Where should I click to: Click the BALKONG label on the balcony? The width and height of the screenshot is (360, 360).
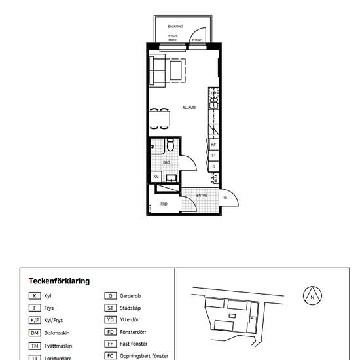point(175,27)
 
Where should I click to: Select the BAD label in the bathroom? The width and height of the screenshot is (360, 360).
point(166,162)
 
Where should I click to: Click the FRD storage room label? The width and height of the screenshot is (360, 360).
point(164,204)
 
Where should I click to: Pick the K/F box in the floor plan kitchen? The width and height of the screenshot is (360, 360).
point(213,145)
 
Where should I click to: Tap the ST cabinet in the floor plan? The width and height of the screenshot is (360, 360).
point(213,156)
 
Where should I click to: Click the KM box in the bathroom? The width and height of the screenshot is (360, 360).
point(156,177)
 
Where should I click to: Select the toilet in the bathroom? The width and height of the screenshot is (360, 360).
point(170,145)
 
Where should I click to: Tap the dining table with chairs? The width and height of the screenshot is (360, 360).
point(160,118)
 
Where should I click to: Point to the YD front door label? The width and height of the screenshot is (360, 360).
point(225,198)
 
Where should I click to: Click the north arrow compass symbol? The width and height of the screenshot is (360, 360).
point(313,296)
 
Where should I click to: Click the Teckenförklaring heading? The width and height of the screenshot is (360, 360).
point(59,281)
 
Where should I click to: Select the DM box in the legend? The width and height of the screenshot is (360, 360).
point(35,332)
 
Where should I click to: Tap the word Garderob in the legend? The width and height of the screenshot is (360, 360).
point(131,296)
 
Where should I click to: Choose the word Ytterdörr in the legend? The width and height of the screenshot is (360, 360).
point(131,320)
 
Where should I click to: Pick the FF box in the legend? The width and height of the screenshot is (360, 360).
point(111,344)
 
